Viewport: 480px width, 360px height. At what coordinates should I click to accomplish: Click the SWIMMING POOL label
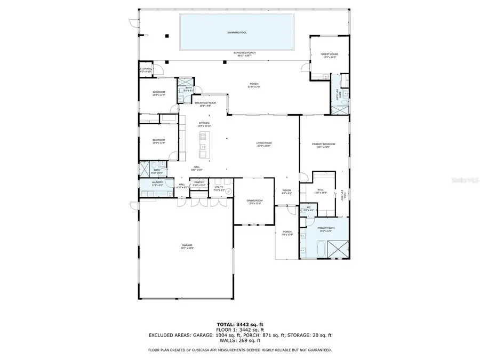(x=237, y=33)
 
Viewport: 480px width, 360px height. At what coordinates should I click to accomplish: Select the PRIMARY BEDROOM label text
(x=324, y=144)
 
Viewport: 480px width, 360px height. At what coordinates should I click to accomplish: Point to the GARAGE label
(x=186, y=245)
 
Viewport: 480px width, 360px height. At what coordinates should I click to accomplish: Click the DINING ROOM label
(x=254, y=201)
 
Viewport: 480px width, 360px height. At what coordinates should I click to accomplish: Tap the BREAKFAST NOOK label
(x=205, y=102)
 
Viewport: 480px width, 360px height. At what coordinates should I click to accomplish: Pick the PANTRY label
(x=199, y=182)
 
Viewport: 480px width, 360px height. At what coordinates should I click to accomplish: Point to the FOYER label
(x=286, y=190)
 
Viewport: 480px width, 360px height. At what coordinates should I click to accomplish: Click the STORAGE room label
(x=146, y=69)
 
